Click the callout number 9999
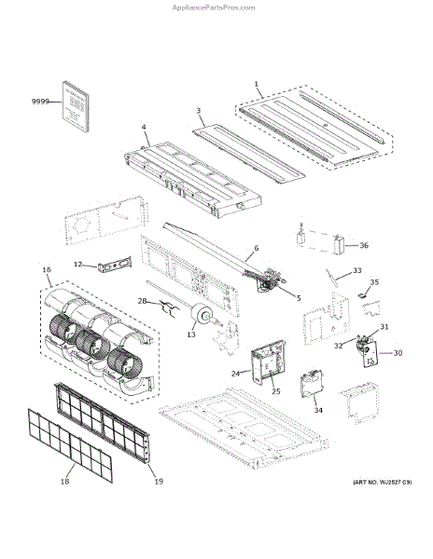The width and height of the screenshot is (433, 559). pos(40,102)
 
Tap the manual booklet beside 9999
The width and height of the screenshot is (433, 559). pos(76,106)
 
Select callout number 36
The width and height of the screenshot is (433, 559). pos(364,245)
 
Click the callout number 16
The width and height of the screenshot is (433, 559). pos(47,270)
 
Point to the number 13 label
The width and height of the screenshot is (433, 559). pos(191,334)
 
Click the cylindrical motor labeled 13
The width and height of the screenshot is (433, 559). pos(202,315)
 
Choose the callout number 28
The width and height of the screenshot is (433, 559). pos(142,301)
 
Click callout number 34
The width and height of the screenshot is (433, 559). pos(318,410)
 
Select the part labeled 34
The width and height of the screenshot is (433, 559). pos(313,384)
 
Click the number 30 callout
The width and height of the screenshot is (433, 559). pos(398,353)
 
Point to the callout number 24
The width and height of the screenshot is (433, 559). pos(235,374)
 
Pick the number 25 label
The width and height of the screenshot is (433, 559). pos(276,391)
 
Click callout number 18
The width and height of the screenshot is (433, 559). pos(64,482)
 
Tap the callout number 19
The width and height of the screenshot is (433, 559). pos(159,482)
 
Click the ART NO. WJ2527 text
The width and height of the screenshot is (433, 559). pos(383,483)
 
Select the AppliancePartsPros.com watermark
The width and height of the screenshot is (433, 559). pos(214,7)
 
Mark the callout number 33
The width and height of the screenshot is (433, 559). pos(357,270)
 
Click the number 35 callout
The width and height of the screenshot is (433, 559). pos(374,282)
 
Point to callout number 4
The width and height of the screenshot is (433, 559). pos(144,127)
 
